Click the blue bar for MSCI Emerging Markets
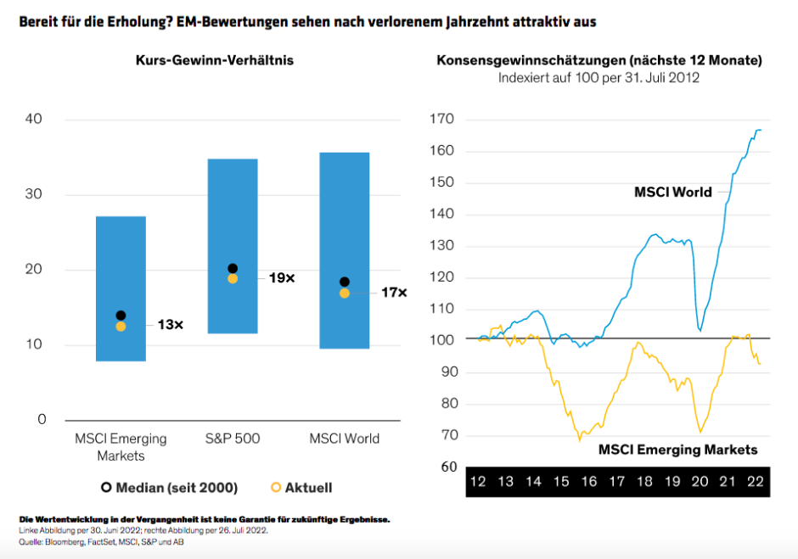(121, 254)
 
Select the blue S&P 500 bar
(233, 221)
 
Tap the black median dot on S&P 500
(233, 269)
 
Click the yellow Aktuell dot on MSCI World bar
(345, 293)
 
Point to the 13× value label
(170, 325)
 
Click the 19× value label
(282, 278)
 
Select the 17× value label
(394, 293)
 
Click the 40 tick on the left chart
(34, 120)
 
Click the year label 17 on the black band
(616, 482)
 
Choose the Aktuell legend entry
(301, 488)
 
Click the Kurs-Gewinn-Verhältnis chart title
(215, 61)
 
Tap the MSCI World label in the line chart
(673, 192)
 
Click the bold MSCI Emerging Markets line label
(677, 450)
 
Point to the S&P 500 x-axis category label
(233, 439)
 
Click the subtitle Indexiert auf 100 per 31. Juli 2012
(598, 78)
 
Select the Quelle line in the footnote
(101, 542)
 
